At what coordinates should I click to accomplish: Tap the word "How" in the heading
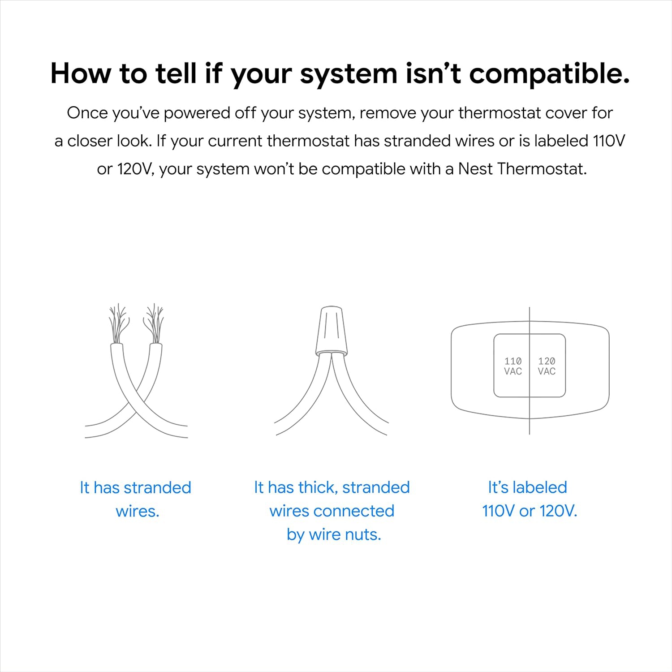(81, 73)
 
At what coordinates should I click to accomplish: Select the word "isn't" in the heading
(433, 73)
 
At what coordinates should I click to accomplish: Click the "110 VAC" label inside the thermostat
(513, 366)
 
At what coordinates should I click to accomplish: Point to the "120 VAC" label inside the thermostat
(547, 366)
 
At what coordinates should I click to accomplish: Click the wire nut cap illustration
(331, 331)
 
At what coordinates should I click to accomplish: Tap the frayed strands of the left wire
(118, 323)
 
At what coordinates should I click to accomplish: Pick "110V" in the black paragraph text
(609, 141)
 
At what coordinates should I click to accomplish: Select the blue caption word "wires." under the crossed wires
(138, 511)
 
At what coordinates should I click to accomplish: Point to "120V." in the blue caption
(558, 511)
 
